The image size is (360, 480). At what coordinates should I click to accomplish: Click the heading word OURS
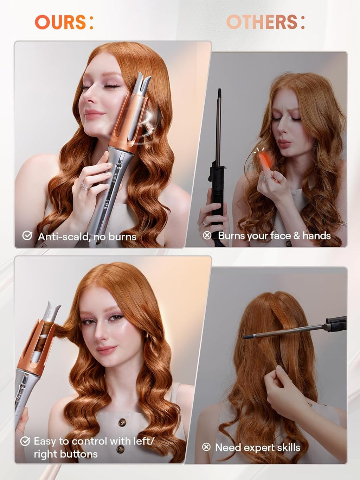point(60,22)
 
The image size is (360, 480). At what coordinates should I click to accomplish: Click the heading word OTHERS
point(262,22)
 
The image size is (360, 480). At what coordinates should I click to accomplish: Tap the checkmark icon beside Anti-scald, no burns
point(27,236)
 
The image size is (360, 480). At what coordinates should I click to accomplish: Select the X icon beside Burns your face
point(207,235)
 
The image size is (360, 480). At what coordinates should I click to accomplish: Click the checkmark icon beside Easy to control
point(25,441)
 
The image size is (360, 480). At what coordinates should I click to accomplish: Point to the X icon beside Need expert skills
point(206,447)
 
